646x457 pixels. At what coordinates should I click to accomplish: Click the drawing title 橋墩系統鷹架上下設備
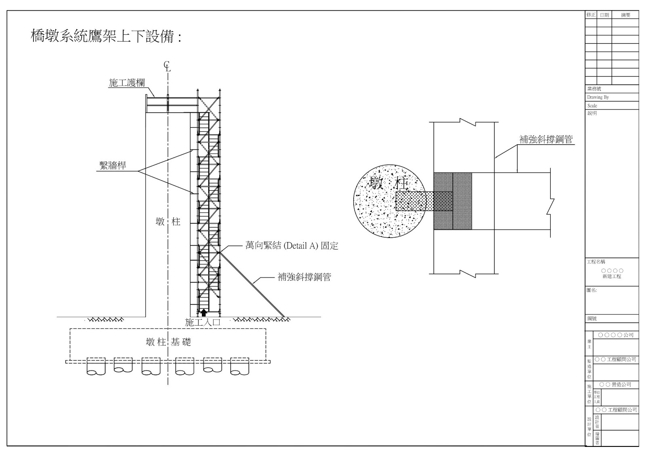106,37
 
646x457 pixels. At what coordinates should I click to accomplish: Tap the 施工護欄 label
126,83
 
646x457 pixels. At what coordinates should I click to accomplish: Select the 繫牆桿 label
113,166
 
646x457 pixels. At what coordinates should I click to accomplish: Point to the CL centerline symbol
167,66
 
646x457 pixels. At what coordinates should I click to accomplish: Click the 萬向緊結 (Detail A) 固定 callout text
292,246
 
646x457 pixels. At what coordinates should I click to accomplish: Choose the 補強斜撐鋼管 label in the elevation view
304,277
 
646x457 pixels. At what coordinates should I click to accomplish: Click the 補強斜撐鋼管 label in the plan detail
546,140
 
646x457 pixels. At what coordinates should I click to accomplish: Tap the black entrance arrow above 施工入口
204,312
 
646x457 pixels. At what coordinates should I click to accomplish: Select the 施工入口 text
203,322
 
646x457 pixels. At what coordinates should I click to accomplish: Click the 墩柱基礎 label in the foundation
168,343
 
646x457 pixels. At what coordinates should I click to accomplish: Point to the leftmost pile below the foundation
96,366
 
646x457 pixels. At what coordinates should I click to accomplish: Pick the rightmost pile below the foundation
239,366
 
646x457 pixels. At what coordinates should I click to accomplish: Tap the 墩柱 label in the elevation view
168,222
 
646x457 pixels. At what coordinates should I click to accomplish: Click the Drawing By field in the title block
598,97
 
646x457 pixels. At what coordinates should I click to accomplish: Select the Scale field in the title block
592,105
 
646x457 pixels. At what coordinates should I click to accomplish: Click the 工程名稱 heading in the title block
596,262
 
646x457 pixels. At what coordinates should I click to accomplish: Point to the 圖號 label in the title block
592,319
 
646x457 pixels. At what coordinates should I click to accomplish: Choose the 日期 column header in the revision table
604,15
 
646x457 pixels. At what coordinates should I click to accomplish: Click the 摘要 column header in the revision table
625,15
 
